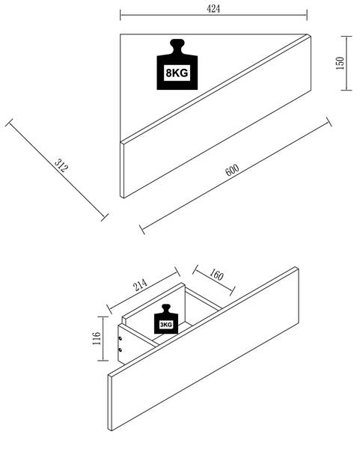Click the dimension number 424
tap(213, 8)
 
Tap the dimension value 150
tap(340, 64)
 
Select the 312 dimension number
tap(61, 165)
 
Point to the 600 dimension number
tap(232, 170)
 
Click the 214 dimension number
tap(141, 284)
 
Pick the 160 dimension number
tap(216, 275)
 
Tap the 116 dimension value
tap(97, 338)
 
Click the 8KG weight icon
tap(177, 64)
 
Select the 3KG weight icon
tap(166, 319)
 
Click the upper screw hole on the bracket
tap(120, 338)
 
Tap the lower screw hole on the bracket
tap(120, 349)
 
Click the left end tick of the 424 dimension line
tap(120, 15)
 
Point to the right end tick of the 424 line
tap(307, 15)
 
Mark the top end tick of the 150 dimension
tap(347, 37)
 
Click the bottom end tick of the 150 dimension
tap(347, 90)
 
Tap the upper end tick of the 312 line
tap(9, 123)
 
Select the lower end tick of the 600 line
tap(142, 230)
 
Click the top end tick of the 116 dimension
tap(103, 317)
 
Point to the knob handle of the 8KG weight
tap(177, 45)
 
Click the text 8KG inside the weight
tap(177, 73)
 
